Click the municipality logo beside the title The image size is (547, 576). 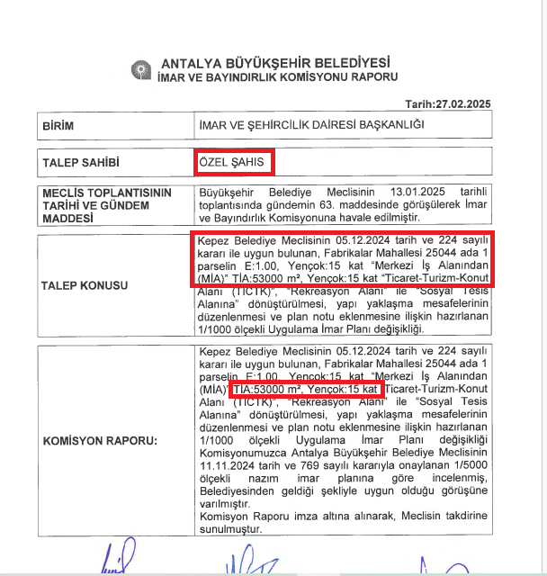tap(141, 70)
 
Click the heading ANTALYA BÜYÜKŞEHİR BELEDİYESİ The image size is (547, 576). tap(274, 64)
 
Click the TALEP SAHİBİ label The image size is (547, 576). tap(81, 164)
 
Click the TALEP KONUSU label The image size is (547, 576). tap(85, 285)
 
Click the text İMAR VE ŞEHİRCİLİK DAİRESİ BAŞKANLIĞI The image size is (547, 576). tap(311, 127)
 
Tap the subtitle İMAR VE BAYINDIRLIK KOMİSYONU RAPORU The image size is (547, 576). tap(276, 79)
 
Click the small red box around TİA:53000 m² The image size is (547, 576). tap(306, 389)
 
